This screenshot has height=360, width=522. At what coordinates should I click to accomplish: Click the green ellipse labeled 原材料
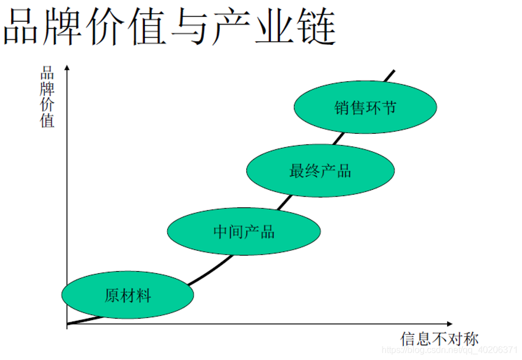[x=128, y=295]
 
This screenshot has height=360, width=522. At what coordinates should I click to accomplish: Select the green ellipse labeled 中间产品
[x=244, y=231]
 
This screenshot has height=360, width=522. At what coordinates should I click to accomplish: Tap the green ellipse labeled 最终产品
[x=320, y=171]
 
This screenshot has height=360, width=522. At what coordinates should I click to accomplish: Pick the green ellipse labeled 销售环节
[x=365, y=107]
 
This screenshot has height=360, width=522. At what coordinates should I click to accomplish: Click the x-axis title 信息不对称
[x=439, y=339]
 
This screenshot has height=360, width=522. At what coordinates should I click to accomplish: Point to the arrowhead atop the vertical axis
[x=67, y=68]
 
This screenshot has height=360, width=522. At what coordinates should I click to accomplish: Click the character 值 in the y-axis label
[x=47, y=120]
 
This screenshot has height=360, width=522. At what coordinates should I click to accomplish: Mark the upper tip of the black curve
[x=394, y=71]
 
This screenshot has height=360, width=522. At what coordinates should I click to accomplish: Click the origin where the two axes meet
[x=67, y=324]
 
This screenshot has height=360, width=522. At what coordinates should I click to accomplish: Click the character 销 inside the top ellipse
[x=342, y=107]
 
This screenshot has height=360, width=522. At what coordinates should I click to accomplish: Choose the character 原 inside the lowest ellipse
[x=112, y=296]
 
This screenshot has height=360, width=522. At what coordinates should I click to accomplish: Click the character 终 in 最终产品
[x=312, y=171]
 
